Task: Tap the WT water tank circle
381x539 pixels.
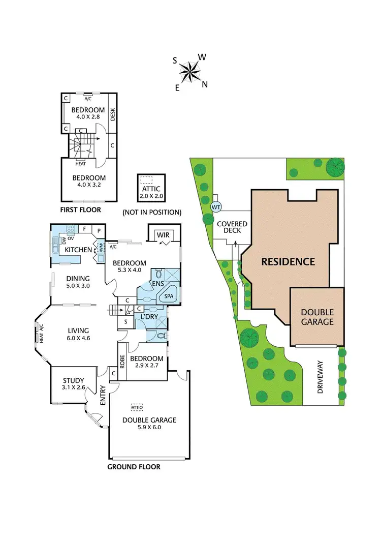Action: point(215,207)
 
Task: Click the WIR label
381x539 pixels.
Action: point(163,235)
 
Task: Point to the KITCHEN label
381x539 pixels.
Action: point(78,250)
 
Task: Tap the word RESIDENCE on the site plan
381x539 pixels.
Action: point(288,262)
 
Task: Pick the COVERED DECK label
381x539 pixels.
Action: point(232,228)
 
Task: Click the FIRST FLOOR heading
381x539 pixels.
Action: point(80,209)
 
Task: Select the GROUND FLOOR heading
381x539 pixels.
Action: point(134,467)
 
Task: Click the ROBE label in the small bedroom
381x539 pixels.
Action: point(122,361)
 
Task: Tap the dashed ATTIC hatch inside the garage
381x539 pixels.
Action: point(137,407)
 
